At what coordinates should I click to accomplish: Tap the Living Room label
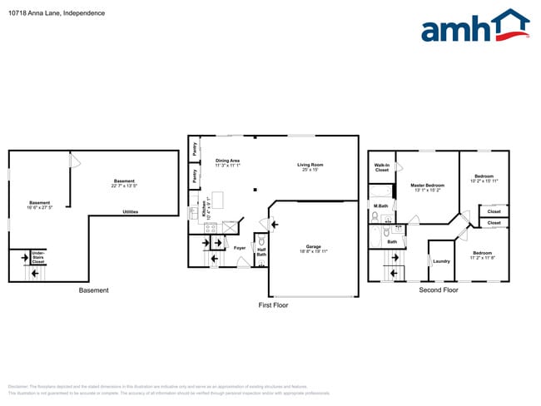[310, 165]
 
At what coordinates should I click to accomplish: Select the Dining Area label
[227, 161]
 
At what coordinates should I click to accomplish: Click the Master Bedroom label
[427, 186]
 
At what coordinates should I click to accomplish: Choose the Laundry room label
[441, 261]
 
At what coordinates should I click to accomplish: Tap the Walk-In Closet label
[382, 167]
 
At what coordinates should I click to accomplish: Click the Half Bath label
[261, 252]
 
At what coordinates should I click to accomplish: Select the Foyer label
[239, 248]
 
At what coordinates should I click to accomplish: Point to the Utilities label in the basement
[131, 212]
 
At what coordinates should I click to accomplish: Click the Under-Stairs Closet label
[38, 257]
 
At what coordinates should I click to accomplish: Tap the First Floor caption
[272, 305]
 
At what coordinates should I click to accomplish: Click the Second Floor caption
[438, 290]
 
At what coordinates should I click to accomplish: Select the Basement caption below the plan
[93, 290]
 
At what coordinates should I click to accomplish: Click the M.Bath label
[381, 205]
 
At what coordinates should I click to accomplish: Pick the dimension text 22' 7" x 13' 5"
[124, 186]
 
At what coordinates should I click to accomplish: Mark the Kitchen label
[203, 208]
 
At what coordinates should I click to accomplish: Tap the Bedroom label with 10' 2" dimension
[484, 176]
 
